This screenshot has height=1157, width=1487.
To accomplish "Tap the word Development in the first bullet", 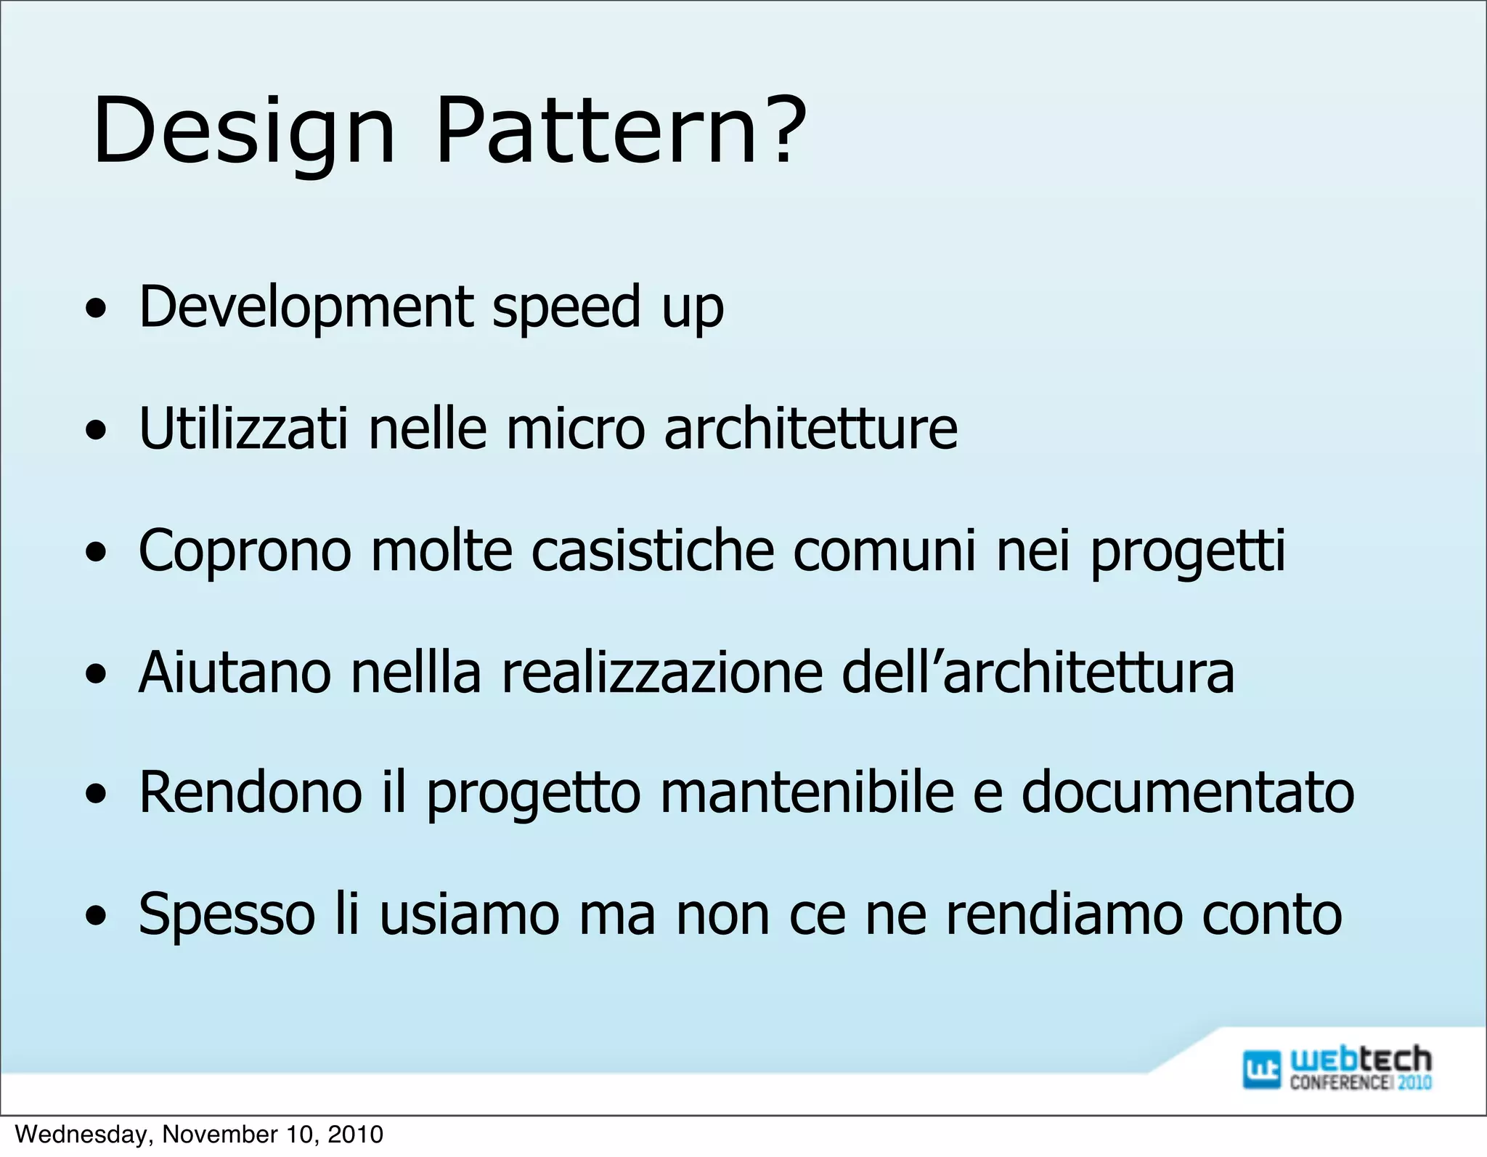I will click(306, 307).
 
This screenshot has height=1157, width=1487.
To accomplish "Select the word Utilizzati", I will click(243, 429).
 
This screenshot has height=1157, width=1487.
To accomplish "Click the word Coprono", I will click(245, 551).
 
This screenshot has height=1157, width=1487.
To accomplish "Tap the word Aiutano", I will click(235, 672).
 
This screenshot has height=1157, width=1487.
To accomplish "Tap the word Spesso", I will click(227, 915).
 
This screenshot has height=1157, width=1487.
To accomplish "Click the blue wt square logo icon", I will click(1261, 1069).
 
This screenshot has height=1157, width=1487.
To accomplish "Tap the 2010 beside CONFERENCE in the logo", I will click(1414, 1082).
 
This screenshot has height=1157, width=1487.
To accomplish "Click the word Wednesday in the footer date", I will click(83, 1134).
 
